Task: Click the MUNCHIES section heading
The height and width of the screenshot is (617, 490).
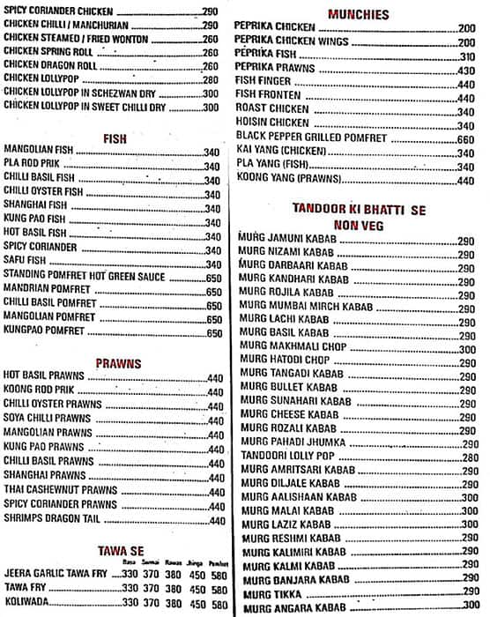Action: [358, 14]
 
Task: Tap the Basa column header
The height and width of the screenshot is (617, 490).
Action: [130, 561]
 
